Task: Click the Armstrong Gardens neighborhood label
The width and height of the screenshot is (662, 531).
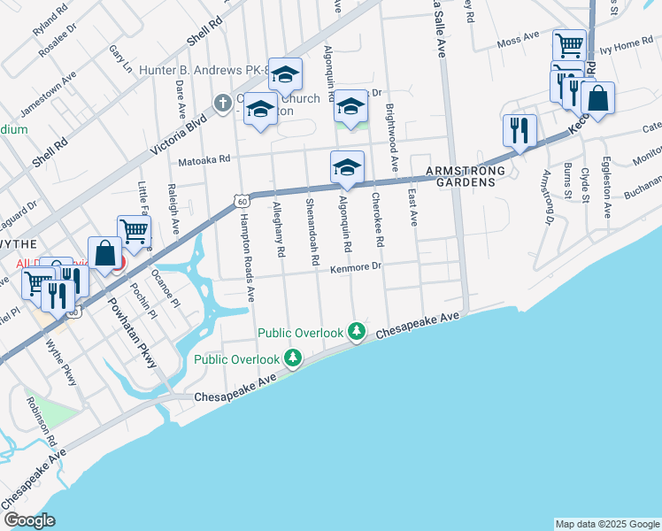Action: (x=466, y=176)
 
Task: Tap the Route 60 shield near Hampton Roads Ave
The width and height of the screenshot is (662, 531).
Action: (x=242, y=202)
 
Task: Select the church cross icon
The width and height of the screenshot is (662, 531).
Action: (x=224, y=103)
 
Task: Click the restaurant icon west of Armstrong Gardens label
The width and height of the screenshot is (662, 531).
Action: (x=519, y=131)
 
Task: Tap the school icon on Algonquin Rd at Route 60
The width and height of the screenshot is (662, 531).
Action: (x=348, y=166)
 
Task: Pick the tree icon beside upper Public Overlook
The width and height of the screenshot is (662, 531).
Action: (x=357, y=332)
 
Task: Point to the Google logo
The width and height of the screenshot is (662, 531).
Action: (x=29, y=520)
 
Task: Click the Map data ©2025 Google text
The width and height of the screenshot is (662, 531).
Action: (x=606, y=524)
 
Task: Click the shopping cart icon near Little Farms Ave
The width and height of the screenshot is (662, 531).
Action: (x=134, y=232)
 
